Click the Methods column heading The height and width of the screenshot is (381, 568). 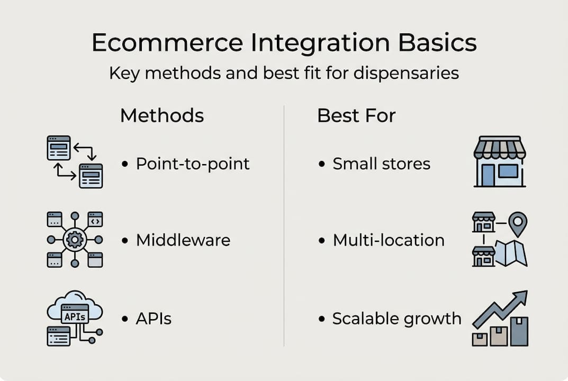161,115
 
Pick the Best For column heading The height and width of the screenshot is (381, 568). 356,115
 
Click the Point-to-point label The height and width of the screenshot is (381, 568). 192,164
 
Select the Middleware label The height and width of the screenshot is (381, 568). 183,240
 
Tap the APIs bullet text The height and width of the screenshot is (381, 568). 154,319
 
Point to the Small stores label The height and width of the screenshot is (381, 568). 381,164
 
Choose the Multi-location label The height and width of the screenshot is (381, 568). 388,240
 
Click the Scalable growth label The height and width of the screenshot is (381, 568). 396,319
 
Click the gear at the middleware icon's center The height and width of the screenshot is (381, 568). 75,240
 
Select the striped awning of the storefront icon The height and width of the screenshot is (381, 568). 499,148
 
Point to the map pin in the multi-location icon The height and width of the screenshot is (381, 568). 517,223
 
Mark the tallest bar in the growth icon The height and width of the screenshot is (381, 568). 519,331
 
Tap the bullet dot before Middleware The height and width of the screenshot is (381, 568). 125,241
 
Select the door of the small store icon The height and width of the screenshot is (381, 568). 487,175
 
